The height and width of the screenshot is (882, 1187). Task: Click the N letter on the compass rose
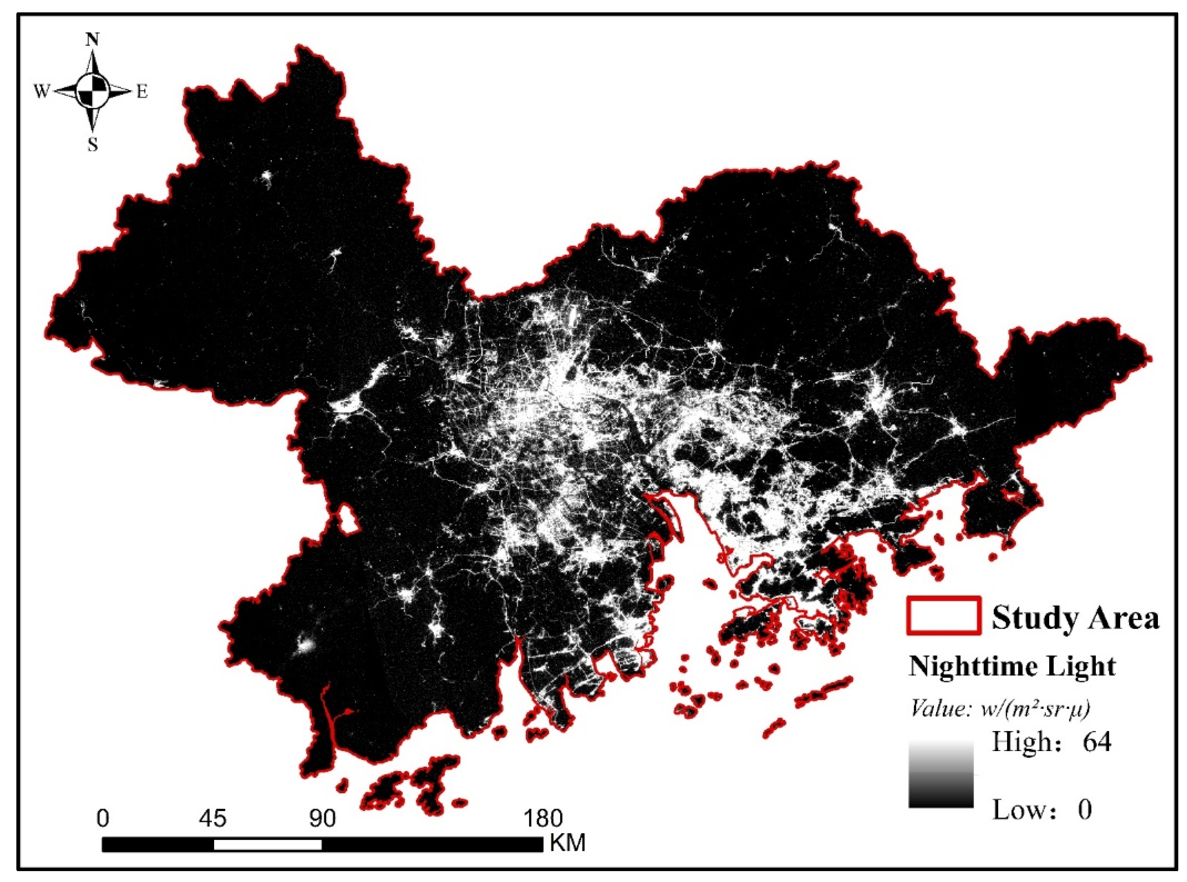point(93,39)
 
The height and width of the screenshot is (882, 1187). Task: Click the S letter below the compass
point(93,144)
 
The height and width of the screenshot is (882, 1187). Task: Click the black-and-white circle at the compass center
point(93,91)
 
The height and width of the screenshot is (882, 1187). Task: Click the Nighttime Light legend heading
point(1012,666)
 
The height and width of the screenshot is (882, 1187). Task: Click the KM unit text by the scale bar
point(568,843)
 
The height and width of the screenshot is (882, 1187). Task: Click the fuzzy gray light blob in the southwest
point(305,646)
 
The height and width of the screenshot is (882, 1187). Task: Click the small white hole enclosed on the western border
point(349,517)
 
